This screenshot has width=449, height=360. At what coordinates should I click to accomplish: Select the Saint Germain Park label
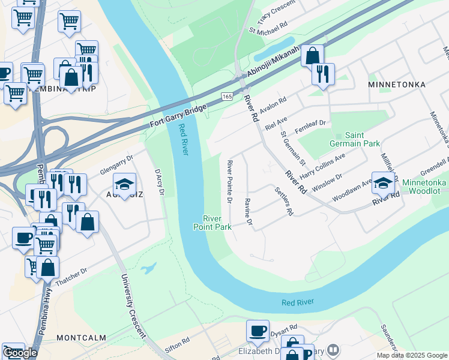coord(355,140)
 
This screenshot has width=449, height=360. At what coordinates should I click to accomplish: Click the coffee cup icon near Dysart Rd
coord(258,331)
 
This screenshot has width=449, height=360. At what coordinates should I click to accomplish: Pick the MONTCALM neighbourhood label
coord(80,338)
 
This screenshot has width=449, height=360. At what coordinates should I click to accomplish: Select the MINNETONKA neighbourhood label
coord(397,85)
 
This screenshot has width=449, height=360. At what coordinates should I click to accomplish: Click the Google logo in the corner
coord(20,352)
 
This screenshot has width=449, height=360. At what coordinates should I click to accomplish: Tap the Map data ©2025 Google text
coord(411,355)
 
